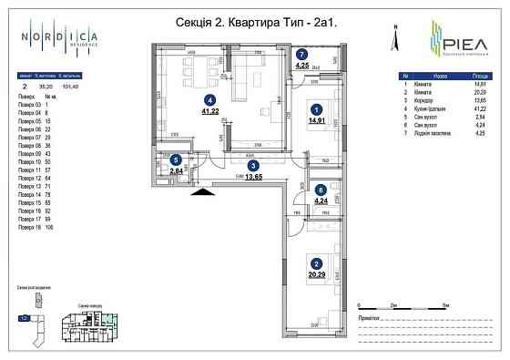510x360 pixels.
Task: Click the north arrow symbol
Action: pyautogui.click(x=394, y=37)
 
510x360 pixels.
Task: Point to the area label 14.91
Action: pyautogui.click(x=312, y=118)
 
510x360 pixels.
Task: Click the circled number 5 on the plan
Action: pyautogui.click(x=175, y=159)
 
